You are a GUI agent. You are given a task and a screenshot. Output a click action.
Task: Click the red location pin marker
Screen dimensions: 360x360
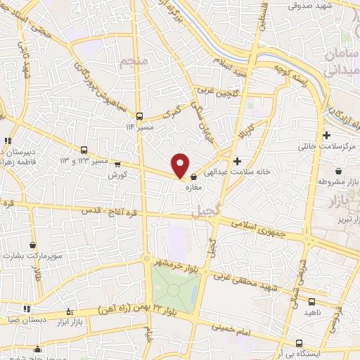coord(180,165)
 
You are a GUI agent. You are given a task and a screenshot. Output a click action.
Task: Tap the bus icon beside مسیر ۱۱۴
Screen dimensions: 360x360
coord(140,117)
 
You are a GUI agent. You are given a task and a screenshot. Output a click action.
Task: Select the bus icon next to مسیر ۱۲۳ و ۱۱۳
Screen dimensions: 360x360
coord(84,150)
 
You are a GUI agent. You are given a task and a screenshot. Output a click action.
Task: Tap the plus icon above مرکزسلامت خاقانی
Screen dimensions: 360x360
coord(326,136)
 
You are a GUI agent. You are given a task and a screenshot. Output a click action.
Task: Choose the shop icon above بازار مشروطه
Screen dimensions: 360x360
coord(339,170)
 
